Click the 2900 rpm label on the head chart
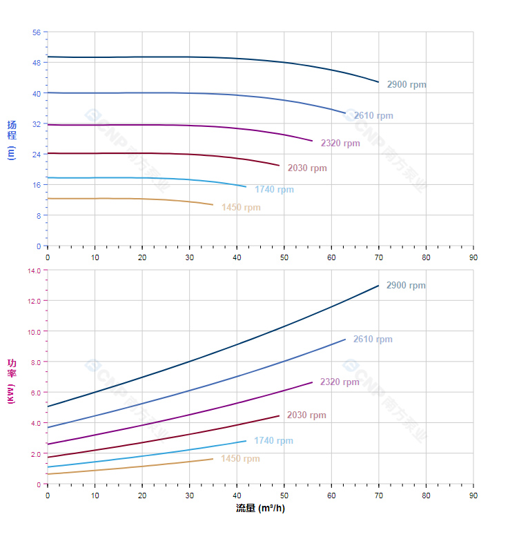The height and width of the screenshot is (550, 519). (x=407, y=85)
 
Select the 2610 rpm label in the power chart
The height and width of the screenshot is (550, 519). (x=373, y=340)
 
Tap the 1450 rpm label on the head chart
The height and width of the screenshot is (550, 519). (x=241, y=208)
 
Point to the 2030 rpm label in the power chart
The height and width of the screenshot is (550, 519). (x=306, y=415)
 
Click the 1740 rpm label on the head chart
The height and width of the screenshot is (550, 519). (x=274, y=190)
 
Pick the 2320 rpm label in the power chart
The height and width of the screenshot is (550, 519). (x=340, y=382)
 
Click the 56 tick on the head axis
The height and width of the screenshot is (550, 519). (x=37, y=32)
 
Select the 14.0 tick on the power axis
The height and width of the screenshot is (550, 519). (x=34, y=271)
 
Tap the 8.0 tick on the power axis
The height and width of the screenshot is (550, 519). (x=35, y=362)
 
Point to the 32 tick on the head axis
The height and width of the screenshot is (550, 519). (x=37, y=124)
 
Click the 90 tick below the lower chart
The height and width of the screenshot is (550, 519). (x=473, y=495)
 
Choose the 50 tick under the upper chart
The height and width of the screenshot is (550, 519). (x=284, y=257)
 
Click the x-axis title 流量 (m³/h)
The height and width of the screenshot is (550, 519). (x=260, y=509)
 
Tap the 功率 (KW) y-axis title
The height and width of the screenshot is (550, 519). (x=11, y=381)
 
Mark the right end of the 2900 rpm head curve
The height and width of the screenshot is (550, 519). (x=379, y=82)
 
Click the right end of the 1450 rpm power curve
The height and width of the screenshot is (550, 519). (x=213, y=459)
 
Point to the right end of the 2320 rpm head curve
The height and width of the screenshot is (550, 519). (x=313, y=141)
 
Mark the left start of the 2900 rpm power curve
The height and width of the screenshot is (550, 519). (x=47, y=406)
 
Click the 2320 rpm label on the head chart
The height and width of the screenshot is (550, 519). (x=340, y=144)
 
